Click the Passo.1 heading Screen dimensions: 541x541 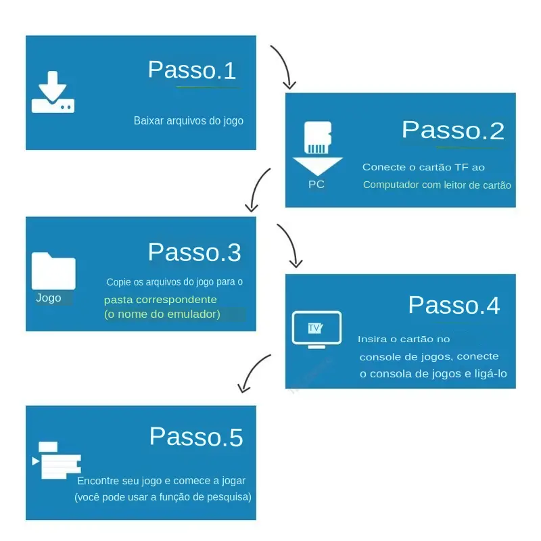(x=192, y=70)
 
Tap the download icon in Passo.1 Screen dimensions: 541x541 (x=53, y=92)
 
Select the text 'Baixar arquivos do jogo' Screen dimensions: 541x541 (x=189, y=121)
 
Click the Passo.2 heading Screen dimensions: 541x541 (x=452, y=131)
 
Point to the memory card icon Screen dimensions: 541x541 (x=318, y=137)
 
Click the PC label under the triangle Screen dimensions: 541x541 (x=316, y=185)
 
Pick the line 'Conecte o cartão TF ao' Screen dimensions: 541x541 (x=423, y=167)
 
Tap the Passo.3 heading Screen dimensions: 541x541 (x=194, y=252)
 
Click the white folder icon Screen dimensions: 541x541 (x=53, y=271)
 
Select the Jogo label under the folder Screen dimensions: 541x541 (x=49, y=298)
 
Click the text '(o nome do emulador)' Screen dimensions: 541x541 (x=162, y=314)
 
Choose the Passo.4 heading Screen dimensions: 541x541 (x=454, y=306)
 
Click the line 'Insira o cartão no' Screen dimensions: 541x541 (x=404, y=339)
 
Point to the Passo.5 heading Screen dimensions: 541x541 (x=196, y=437)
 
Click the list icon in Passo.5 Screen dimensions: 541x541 (x=57, y=461)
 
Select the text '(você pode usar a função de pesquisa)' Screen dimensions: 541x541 (x=163, y=497)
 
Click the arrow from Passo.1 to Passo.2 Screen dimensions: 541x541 (x=287, y=66)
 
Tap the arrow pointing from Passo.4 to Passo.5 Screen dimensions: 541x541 (x=251, y=371)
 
